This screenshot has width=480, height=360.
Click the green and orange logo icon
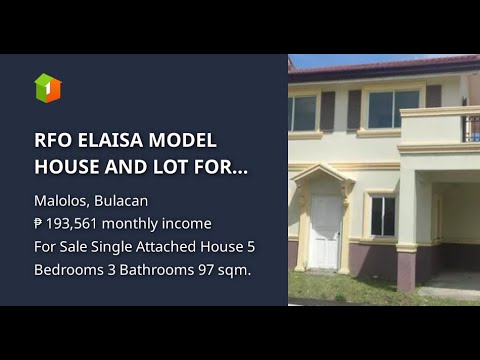[48, 87]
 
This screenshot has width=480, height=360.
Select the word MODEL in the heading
[180, 140]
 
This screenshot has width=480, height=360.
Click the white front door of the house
[326, 231]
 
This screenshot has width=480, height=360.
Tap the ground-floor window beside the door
[383, 215]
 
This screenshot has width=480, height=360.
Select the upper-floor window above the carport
[392, 109]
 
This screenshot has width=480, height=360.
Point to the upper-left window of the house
[303, 113]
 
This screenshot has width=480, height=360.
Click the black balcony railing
[470, 127]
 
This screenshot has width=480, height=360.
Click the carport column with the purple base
[407, 240]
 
